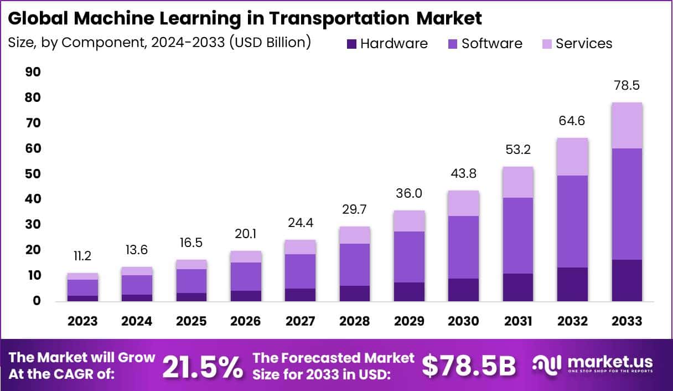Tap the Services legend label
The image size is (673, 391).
(584, 44)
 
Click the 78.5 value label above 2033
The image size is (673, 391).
(627, 86)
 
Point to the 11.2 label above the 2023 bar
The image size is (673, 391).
(82, 256)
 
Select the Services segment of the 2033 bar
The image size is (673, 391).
(627, 126)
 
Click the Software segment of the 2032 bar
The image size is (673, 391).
(573, 222)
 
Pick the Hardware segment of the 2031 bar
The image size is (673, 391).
(518, 287)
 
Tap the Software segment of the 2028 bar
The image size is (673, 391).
(354, 264)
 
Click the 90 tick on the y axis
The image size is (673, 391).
(33, 72)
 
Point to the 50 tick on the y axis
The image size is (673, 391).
(33, 174)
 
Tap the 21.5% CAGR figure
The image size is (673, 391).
(202, 366)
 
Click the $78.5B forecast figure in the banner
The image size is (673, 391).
(469, 366)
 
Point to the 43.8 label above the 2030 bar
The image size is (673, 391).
(464, 174)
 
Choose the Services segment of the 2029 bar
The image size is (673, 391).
(410, 221)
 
